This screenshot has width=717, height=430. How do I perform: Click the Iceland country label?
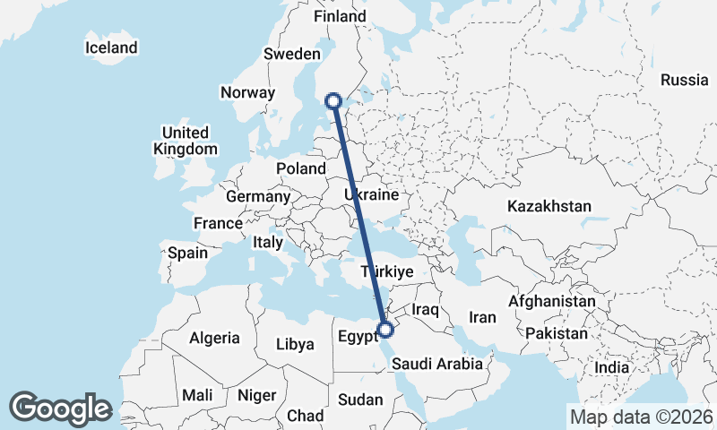pos(111,47)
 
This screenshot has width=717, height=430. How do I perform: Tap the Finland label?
pos(340,16)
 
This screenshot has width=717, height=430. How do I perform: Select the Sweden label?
pos(286,54)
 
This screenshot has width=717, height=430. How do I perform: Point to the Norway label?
pos(247,92)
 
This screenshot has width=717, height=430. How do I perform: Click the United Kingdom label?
pos(185,141)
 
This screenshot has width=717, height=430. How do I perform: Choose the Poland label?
pos(301,168)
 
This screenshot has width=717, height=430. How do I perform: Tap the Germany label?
pos(258,196)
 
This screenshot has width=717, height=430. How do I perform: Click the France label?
pos(218,223)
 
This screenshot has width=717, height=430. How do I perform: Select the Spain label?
pos(187,253)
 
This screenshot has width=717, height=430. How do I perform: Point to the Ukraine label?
pos(373,194)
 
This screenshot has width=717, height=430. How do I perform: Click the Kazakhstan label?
pos(549,206)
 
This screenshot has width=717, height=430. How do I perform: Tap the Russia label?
pos(685,80)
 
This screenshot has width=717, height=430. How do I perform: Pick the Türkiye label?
pos(386,271)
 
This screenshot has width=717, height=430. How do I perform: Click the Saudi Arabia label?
pos(437,364)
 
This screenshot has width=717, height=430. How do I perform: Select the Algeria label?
pos(214,338)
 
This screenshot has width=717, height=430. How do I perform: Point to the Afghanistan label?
pos(551,302)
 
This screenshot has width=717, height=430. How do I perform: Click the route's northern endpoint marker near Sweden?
pos(333,101)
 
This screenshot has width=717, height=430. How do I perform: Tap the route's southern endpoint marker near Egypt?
pos(385,330)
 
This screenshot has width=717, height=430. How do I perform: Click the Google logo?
pos(60,408)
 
